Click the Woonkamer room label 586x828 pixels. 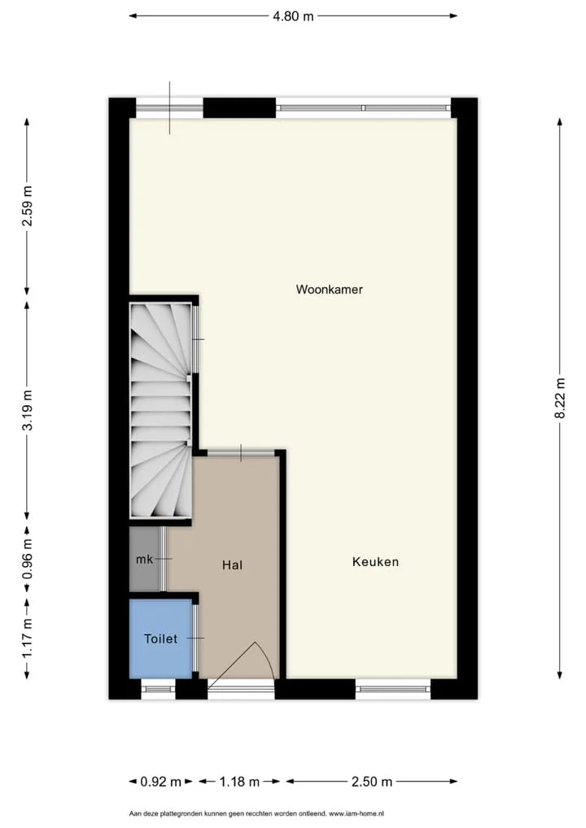tap(329, 290)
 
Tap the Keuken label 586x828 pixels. tap(375, 562)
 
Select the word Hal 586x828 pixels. tap(233, 565)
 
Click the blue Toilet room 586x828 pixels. tap(160, 638)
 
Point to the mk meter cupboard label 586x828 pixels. tap(144, 560)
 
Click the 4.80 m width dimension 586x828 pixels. tap(293, 16)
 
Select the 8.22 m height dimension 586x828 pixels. tap(560, 398)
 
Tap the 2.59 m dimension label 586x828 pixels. tap(27, 206)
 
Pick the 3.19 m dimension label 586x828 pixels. tap(27, 410)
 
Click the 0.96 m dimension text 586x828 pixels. tap(27, 559)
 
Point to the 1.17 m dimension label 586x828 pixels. tap(27, 639)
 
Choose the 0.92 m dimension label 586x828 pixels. tap(160, 782)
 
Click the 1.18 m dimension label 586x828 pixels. tap(240, 782)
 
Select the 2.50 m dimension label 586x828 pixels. tap(372, 782)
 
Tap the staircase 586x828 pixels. tap(160, 410)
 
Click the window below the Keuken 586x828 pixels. tap(393, 689)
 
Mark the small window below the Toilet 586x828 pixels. tap(159, 689)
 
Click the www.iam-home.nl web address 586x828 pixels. tap(356, 813)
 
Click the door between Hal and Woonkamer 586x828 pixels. tap(241, 452)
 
